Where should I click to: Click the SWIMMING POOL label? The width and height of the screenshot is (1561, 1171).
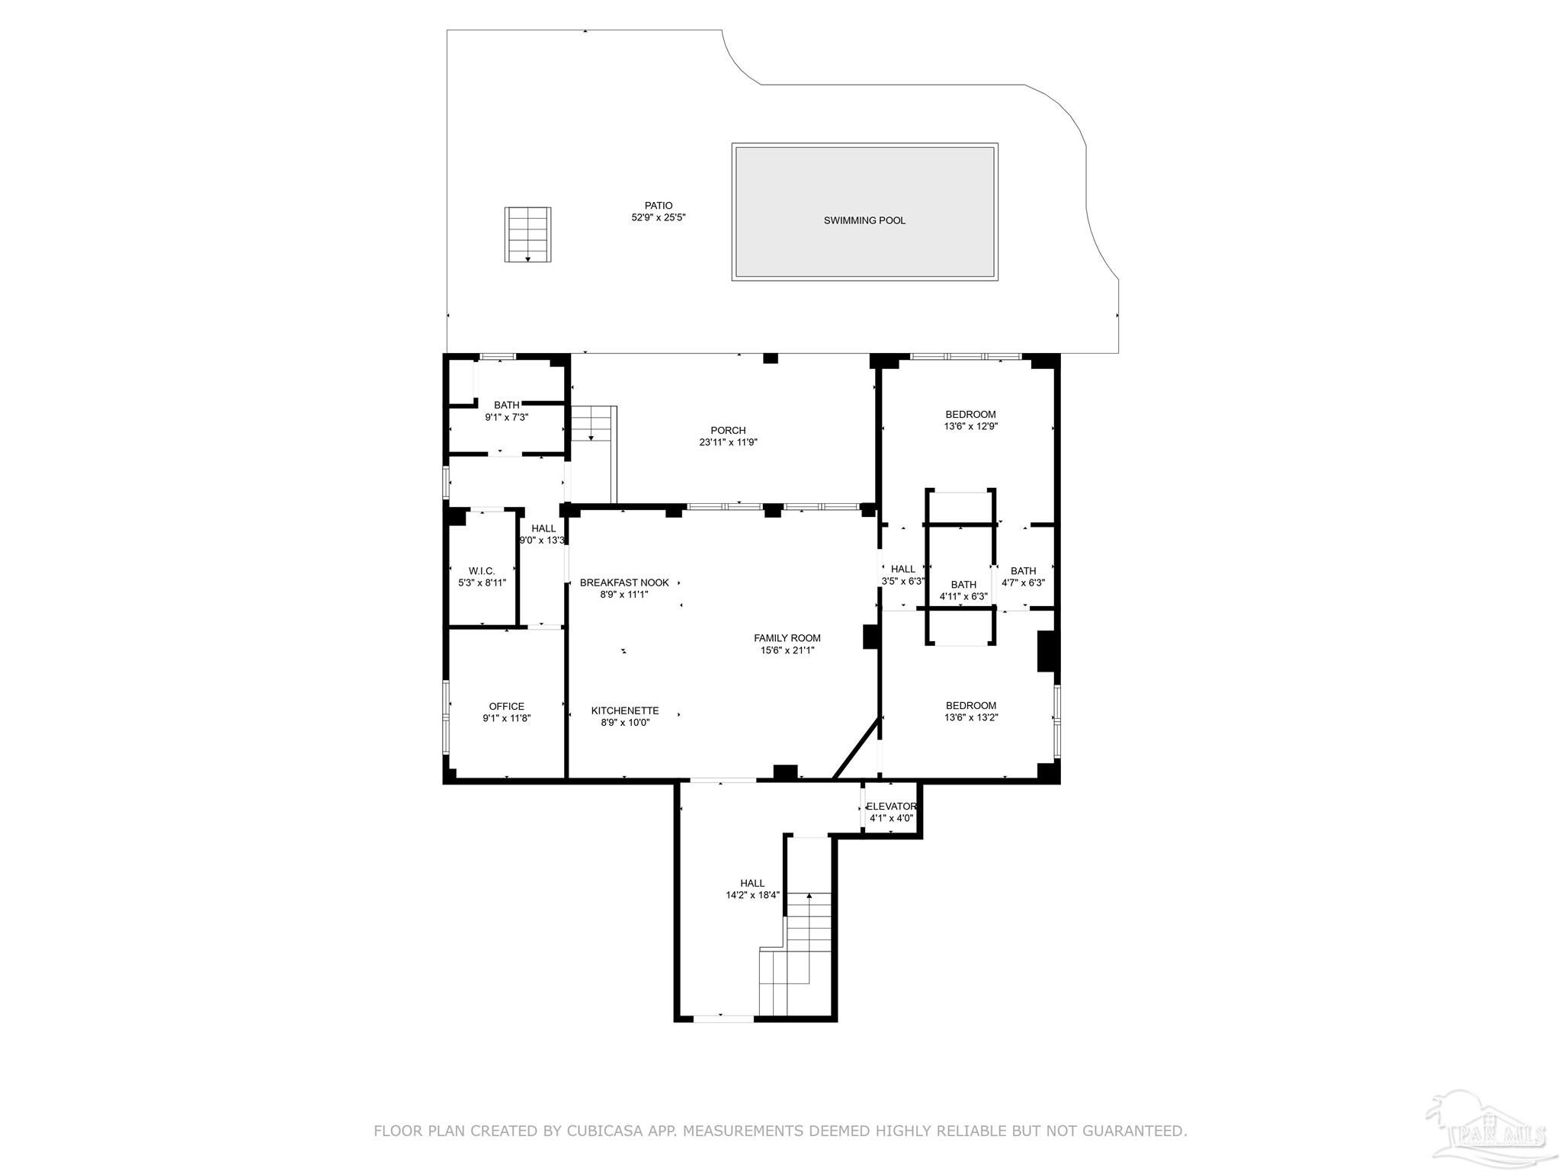pos(864,221)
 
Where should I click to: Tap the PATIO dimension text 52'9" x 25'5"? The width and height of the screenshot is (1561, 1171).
pos(659,217)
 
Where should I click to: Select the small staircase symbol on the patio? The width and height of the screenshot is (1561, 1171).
pos(527,235)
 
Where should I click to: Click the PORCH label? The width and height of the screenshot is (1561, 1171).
pos(728,431)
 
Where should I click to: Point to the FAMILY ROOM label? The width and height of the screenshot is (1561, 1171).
pos(787,638)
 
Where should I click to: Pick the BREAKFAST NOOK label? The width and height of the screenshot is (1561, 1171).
pos(624,583)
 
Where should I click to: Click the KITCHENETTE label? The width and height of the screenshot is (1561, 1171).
pos(625,711)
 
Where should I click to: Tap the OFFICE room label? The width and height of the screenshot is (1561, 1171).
pos(507,707)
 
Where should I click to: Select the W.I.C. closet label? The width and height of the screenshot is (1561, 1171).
pos(482,571)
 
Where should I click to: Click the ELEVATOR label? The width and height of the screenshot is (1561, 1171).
pos(891,807)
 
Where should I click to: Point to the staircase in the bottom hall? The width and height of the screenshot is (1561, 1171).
pos(795,954)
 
